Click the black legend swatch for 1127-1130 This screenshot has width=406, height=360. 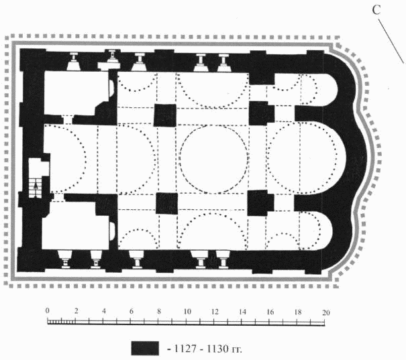coord(145,348)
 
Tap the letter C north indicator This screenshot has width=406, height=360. coord(376,10)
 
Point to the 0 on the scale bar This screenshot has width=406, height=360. coord(47,310)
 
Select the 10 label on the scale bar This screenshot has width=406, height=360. coord(187,311)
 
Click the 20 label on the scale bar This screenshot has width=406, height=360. coord(326,312)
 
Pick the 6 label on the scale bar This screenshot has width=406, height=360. coord(132,311)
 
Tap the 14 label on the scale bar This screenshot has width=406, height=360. coord(242,312)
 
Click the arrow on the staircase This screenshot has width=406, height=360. coord(36,185)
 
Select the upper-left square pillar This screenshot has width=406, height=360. coord(165,115)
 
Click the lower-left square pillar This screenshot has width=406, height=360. coord(166,203)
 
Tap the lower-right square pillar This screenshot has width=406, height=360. coord(260,203)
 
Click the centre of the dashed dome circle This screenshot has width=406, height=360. coord(214,159)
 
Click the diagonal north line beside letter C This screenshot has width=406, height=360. coord(392,42)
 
